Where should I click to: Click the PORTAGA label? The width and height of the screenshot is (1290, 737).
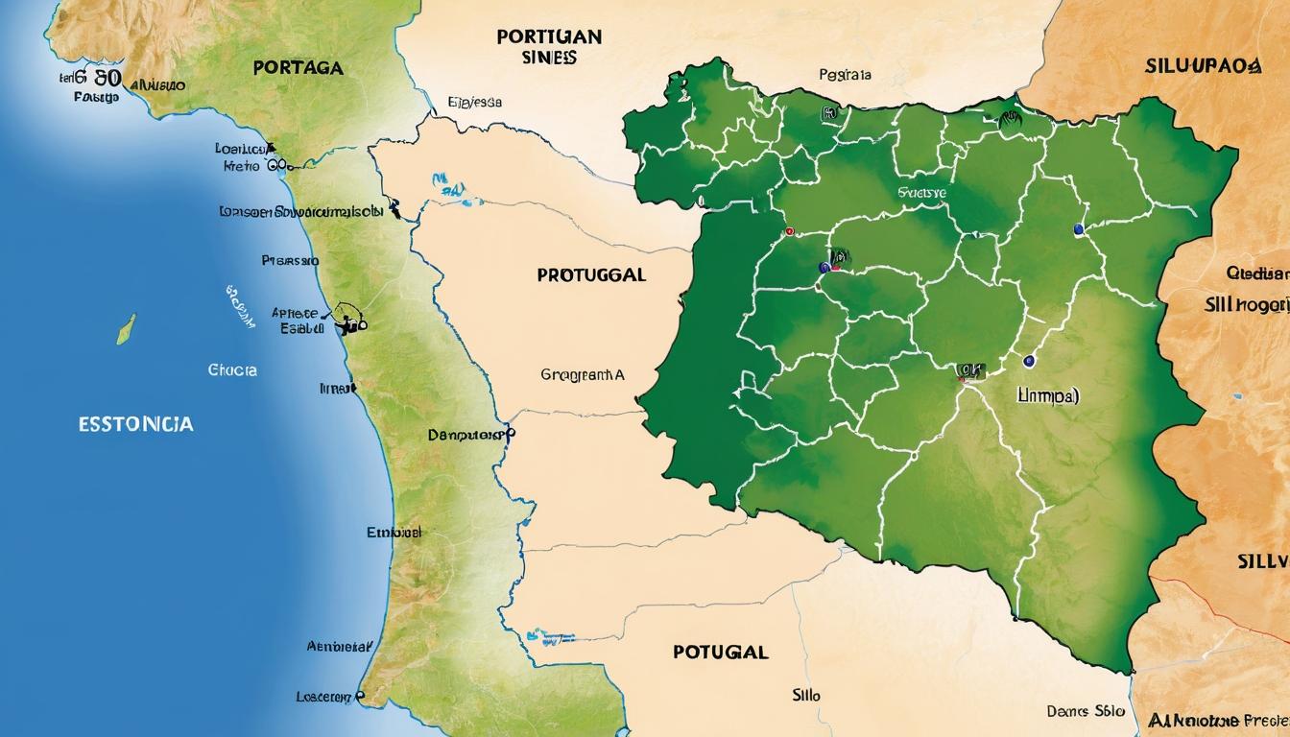(298, 68)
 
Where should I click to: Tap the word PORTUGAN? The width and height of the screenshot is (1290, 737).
(549, 37)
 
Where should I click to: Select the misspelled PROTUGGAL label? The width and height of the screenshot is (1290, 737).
(591, 274)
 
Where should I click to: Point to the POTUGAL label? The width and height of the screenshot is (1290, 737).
(720, 652)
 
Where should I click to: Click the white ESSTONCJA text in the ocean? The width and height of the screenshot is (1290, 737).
(135, 423)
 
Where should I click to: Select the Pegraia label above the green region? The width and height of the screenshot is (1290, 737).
(845, 74)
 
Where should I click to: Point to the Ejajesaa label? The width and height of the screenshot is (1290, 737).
(475, 102)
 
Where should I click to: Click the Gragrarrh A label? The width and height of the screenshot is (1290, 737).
(583, 376)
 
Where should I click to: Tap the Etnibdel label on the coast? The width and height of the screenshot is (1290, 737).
(394, 532)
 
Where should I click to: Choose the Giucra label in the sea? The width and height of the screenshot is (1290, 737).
(231, 368)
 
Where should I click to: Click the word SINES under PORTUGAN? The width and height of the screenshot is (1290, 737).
(551, 58)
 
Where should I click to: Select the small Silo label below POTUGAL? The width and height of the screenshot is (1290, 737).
(806, 695)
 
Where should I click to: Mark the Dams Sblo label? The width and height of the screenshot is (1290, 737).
(1086, 711)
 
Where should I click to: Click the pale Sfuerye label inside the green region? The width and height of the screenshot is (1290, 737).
(921, 193)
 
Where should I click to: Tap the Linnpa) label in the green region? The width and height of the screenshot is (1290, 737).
(1047, 394)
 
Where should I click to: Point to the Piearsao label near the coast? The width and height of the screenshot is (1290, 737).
(289, 260)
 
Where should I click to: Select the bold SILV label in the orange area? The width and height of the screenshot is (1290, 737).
(1261, 560)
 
